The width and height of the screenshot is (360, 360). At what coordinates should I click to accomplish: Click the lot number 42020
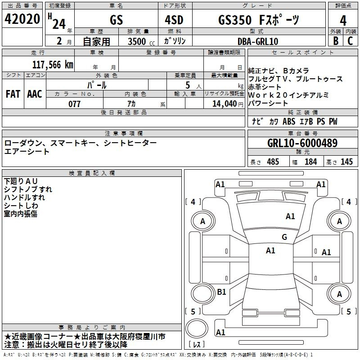click(x=22, y=19)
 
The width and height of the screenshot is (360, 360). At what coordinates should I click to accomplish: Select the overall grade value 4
click(x=343, y=21)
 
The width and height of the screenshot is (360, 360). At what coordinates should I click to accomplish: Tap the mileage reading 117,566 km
click(x=53, y=65)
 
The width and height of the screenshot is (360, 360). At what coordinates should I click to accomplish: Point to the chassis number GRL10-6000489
click(x=302, y=143)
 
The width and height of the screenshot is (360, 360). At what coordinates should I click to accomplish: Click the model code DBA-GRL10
click(x=258, y=41)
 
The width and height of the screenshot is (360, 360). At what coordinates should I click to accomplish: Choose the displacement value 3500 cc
click(x=141, y=41)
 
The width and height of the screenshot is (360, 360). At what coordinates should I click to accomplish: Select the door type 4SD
click(x=174, y=20)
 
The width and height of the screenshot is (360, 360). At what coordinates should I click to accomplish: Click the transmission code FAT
click(x=13, y=94)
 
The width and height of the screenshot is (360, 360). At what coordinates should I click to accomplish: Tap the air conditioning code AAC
click(x=35, y=94)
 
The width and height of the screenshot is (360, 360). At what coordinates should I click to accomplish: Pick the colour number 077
click(x=74, y=104)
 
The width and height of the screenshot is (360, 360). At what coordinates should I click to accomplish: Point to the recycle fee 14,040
click(x=225, y=104)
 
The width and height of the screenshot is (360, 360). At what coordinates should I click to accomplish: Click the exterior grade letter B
click(x=336, y=41)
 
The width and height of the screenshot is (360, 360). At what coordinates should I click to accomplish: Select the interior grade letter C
click(x=350, y=41)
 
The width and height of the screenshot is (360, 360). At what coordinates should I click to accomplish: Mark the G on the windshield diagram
click(x=284, y=237)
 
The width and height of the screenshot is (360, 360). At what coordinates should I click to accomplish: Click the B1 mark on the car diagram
click(x=221, y=292)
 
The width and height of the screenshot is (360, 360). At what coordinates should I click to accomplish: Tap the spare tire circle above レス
click(x=197, y=328)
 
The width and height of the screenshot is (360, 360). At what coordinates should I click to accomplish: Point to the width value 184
click(x=310, y=162)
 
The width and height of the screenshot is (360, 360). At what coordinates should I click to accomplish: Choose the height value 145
click(x=346, y=162)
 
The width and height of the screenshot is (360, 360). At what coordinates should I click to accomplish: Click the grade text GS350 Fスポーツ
click(x=259, y=20)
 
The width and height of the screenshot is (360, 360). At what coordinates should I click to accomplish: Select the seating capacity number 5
click(x=188, y=85)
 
